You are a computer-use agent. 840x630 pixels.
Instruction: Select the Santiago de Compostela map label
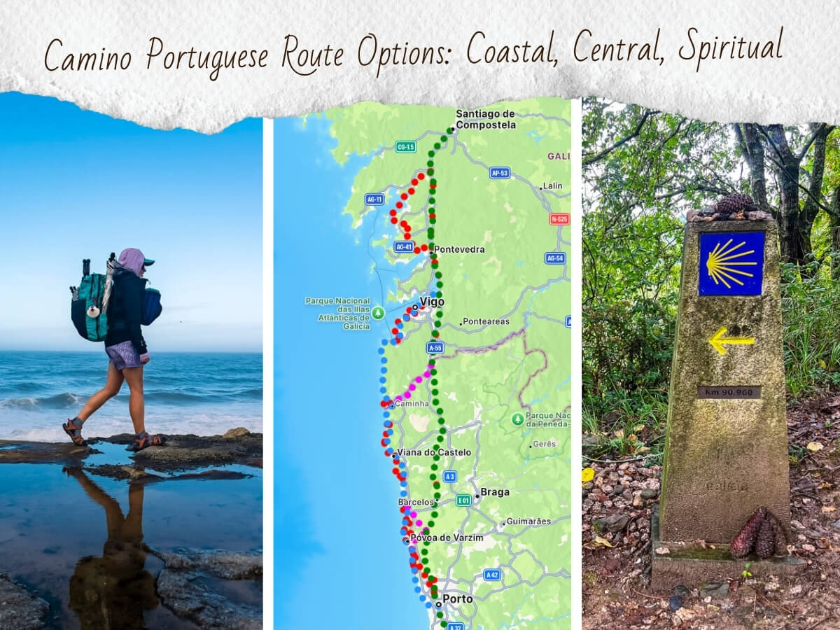(x=485, y=119)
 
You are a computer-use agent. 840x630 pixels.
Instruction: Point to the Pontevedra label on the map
(x=458, y=249)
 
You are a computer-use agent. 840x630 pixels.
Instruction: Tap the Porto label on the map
(x=457, y=599)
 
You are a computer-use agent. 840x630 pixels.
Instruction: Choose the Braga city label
(x=495, y=492)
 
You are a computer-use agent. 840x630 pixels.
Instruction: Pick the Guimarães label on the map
(x=529, y=521)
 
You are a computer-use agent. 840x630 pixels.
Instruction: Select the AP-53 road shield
(x=499, y=172)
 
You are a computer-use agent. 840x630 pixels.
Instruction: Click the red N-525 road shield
(x=559, y=218)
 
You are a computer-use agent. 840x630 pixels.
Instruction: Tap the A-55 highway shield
(x=435, y=347)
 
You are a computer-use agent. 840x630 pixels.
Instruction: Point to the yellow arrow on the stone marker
(x=731, y=341)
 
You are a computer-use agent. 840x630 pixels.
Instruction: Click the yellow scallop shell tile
(x=731, y=263)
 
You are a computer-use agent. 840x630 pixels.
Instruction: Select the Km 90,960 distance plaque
(x=729, y=392)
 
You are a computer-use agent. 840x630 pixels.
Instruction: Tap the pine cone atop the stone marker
(x=734, y=204)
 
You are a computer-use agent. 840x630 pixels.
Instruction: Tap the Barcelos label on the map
(x=416, y=503)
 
